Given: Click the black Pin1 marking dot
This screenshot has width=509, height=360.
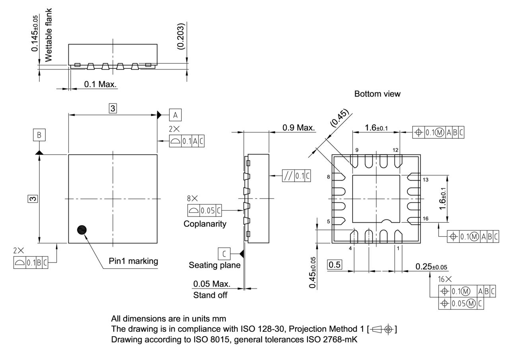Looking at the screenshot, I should (82, 230).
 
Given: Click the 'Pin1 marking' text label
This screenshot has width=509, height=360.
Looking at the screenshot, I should (134, 261).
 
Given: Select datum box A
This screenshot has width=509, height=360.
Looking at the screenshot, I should (175, 115).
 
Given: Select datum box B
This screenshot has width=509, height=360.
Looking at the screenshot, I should (39, 135).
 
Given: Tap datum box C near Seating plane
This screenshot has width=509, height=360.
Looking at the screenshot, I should (224, 253).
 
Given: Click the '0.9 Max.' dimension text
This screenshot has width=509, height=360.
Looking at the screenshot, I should (298, 128).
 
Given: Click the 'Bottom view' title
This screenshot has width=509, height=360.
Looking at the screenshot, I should (377, 94).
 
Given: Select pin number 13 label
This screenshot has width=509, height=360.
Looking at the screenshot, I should (425, 180).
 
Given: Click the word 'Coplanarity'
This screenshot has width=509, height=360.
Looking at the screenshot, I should (205, 224).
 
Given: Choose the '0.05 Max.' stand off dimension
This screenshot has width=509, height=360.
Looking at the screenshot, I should (212, 284).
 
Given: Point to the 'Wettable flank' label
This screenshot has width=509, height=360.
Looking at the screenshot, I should (49, 35).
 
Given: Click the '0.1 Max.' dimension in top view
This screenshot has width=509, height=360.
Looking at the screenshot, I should (101, 85).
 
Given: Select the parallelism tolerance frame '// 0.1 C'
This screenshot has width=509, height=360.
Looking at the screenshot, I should (296, 176).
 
